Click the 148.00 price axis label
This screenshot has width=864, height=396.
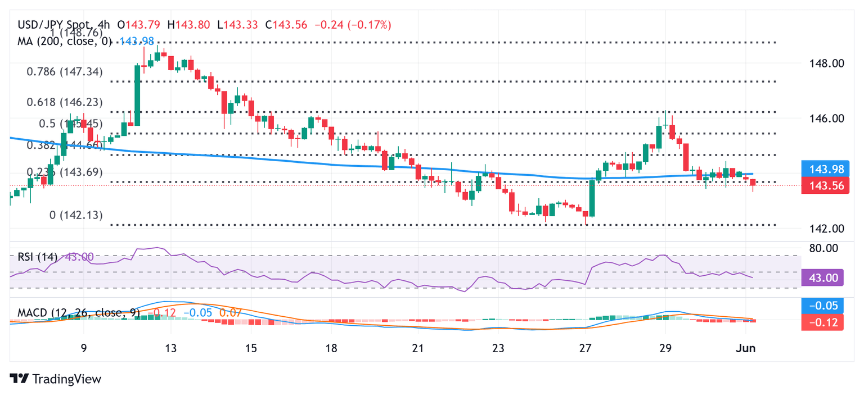pyautogui.click(x=822, y=63)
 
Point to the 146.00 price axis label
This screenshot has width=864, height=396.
pyautogui.click(x=822, y=119)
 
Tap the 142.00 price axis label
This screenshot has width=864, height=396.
pyautogui.click(x=822, y=229)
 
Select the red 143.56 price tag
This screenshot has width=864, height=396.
pyautogui.click(x=822, y=186)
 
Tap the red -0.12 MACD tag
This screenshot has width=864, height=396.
pyautogui.click(x=822, y=322)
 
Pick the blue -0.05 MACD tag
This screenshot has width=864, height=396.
pyautogui.click(x=822, y=306)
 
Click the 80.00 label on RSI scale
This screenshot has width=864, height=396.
pyautogui.click(x=822, y=248)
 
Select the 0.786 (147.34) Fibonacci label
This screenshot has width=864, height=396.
pyautogui.click(x=65, y=71)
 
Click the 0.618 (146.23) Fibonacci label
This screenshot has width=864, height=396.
pyautogui.click(x=65, y=102)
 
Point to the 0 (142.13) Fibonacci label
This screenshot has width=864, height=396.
pyautogui.click(x=76, y=215)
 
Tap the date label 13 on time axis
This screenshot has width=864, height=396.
pyautogui.click(x=171, y=348)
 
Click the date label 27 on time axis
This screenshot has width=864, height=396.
pyautogui.click(x=586, y=348)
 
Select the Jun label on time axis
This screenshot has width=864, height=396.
pyautogui.click(x=746, y=348)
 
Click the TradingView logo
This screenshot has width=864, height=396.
pyautogui.click(x=56, y=379)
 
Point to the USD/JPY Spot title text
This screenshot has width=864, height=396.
pyautogui.click(x=49, y=25)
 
